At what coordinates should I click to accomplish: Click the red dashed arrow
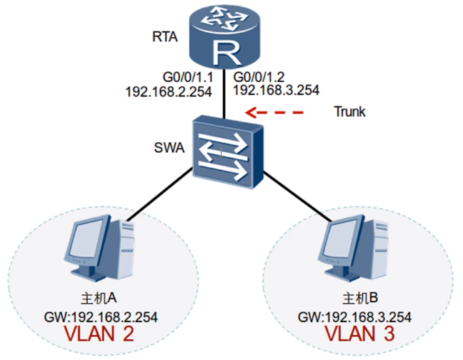tap(274, 112)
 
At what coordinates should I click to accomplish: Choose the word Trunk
tap(349, 112)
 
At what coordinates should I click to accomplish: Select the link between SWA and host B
tap(297, 199)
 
